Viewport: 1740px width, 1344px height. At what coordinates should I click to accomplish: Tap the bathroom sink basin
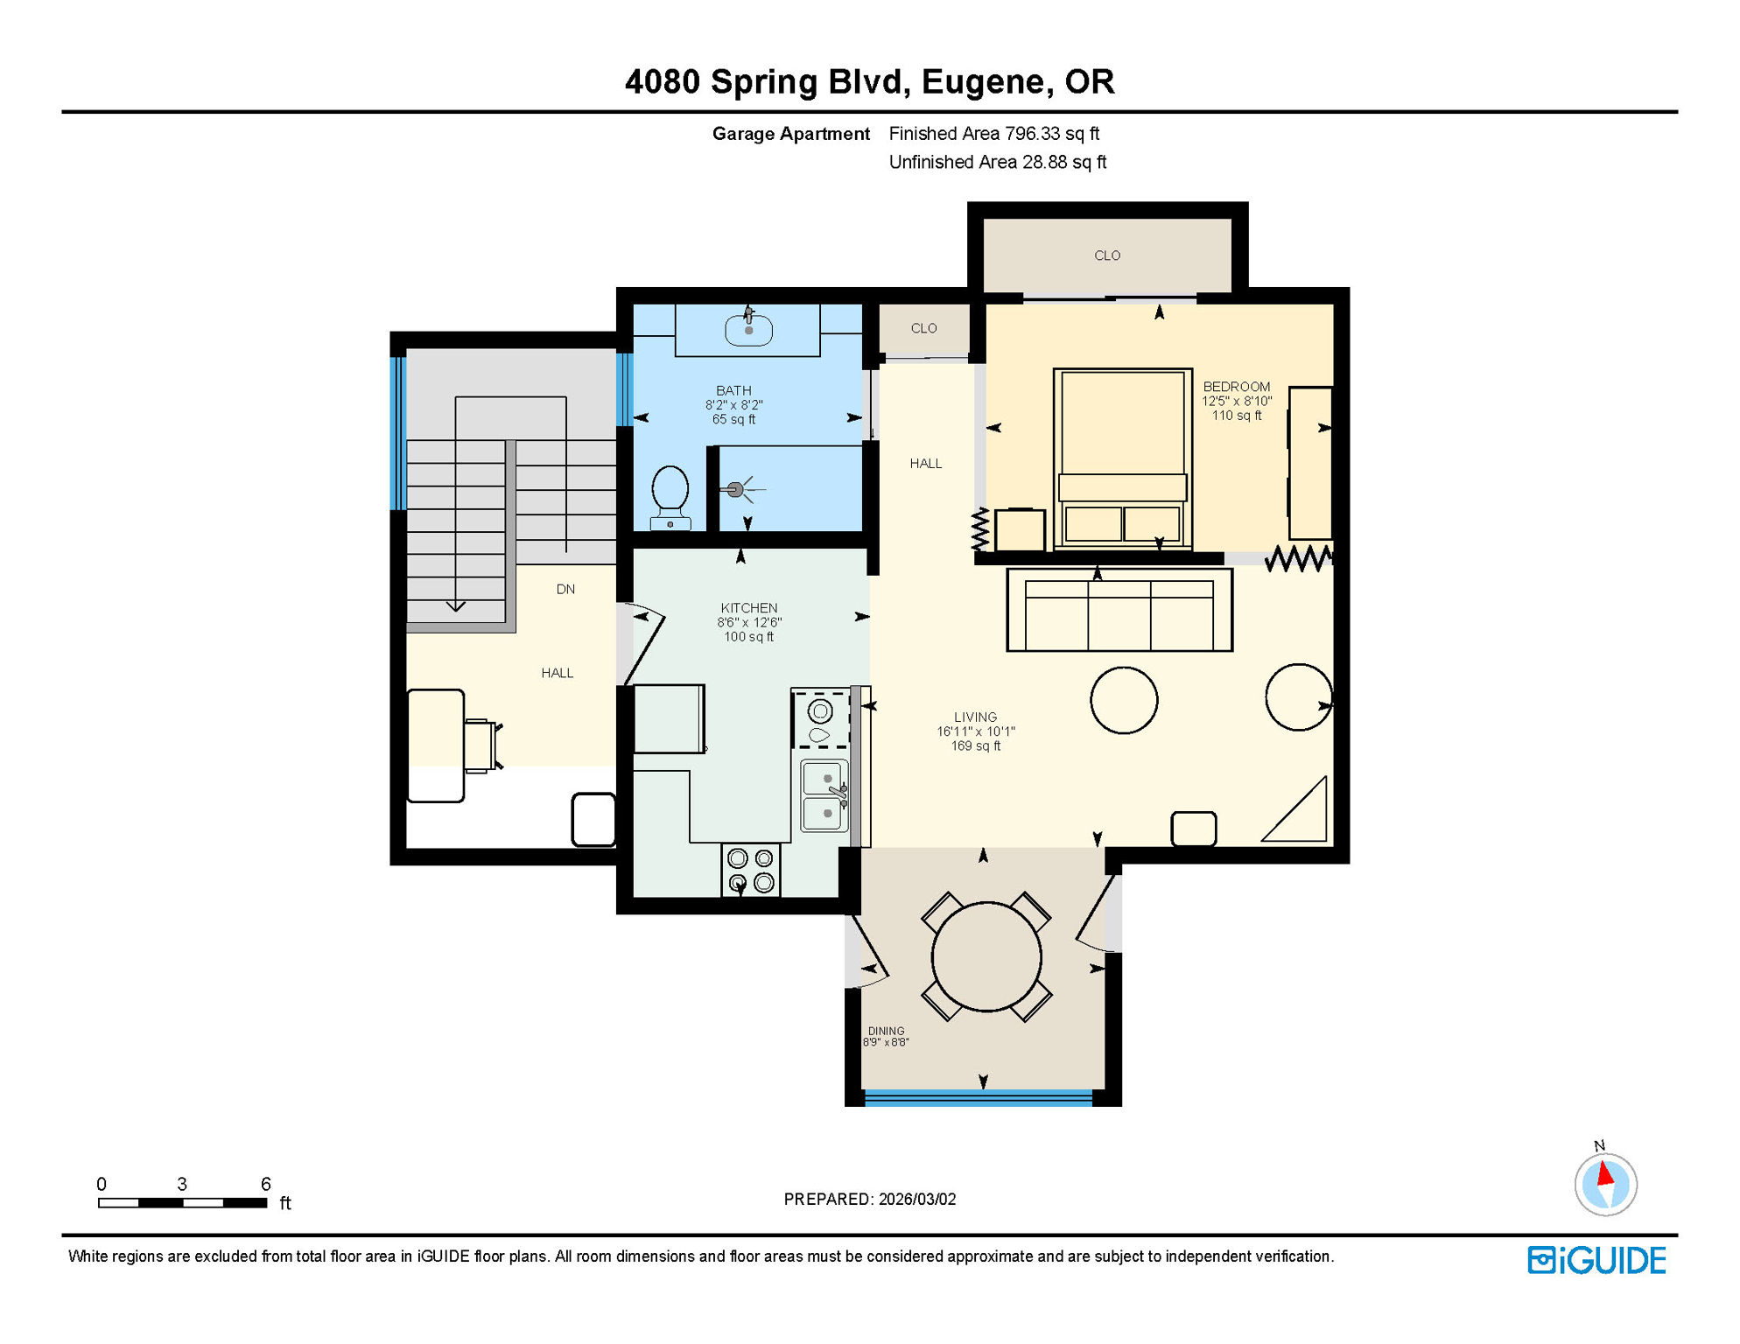(748, 331)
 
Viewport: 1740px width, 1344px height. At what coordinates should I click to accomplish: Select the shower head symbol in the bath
(736, 490)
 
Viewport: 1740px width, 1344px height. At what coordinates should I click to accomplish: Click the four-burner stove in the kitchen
(751, 871)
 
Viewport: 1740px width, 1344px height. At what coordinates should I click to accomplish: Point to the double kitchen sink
(824, 795)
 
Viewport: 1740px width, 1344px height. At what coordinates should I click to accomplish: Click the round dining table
(986, 957)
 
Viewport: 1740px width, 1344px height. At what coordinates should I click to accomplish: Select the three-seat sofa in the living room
(1119, 611)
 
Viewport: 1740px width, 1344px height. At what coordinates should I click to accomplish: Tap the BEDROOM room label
(1236, 387)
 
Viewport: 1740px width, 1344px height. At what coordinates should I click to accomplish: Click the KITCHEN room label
(748, 608)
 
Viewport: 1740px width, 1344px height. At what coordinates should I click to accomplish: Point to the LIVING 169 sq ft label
(975, 731)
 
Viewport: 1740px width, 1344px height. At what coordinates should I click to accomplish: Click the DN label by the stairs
(565, 590)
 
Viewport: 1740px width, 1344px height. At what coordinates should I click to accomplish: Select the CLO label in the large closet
(1107, 255)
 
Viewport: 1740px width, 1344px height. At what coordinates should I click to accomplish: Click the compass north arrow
(1605, 1174)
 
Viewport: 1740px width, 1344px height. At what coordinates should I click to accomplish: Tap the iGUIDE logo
(1596, 1260)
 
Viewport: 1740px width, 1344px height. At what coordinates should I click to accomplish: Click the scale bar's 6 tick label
(265, 1184)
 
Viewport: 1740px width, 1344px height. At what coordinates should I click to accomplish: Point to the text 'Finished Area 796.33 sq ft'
(993, 134)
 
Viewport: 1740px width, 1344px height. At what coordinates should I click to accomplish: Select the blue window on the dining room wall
(979, 1097)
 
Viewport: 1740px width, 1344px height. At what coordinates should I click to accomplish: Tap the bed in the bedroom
(1122, 459)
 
